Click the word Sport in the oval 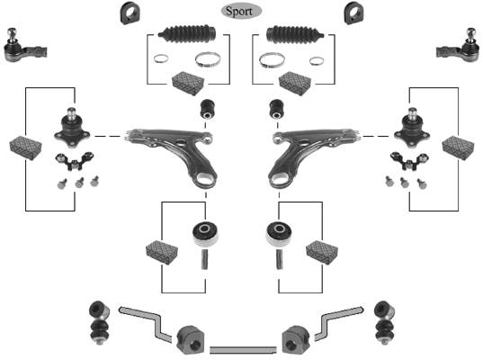click(x=239, y=12)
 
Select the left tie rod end click(x=24, y=46)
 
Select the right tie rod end click(x=459, y=46)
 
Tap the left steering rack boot click(x=187, y=33)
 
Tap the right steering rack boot click(x=295, y=33)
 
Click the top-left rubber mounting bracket click(x=130, y=13)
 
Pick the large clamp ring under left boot click(x=208, y=59)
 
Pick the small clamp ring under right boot click(x=317, y=61)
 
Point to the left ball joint click(x=72, y=128)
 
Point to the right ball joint click(x=412, y=128)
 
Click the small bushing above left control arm click(x=208, y=109)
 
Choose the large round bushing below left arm click(x=205, y=233)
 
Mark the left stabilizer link click(x=99, y=322)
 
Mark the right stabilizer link click(x=384, y=322)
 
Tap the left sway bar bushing click(x=190, y=340)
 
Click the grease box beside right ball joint click(x=458, y=148)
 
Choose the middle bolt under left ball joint click(x=79, y=183)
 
